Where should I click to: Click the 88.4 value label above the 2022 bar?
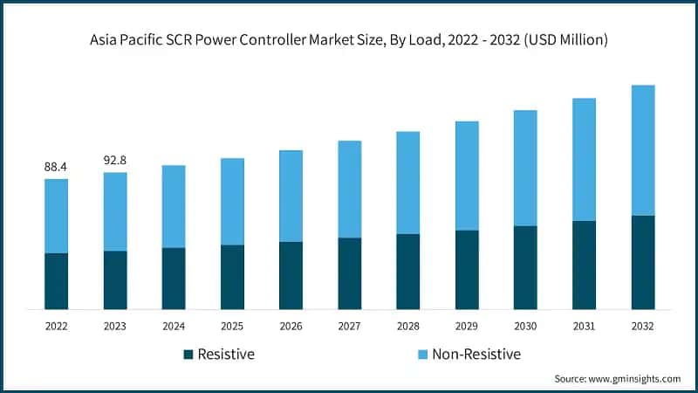[56, 166]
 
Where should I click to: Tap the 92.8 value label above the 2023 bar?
[114, 160]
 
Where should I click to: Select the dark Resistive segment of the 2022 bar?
[56, 280]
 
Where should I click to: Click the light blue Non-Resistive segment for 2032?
[642, 150]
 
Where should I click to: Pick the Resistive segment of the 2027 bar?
[349, 272]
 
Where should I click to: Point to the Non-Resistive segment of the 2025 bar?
[232, 201]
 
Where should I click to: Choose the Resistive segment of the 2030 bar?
[525, 267]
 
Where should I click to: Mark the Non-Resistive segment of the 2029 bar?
[467, 176]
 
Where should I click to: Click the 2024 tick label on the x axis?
[173, 326]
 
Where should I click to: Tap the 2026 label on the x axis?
[291, 326]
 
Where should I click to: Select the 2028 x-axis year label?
[407, 326]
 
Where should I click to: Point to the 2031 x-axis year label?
[584, 326]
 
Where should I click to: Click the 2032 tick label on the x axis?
[642, 326]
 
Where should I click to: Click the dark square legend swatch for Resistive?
[188, 355]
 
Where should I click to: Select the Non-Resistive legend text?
[476, 355]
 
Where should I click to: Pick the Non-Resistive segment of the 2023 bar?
[114, 211]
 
